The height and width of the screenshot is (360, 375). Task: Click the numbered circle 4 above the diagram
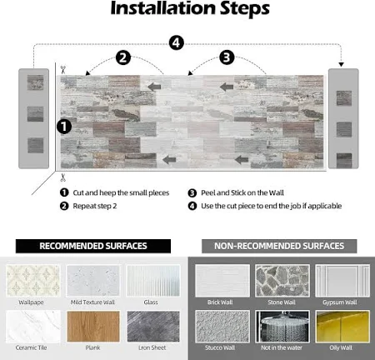click(177, 42)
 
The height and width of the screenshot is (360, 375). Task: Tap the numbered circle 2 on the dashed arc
click(123, 57)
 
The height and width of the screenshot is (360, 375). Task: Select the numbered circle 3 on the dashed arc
click(227, 57)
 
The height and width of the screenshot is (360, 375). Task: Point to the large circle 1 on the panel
click(64, 127)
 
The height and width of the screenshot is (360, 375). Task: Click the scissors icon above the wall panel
click(63, 69)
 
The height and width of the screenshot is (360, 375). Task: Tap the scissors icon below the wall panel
click(63, 177)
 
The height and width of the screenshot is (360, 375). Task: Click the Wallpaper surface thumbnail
click(32, 281)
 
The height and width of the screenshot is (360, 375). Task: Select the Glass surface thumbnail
click(153, 281)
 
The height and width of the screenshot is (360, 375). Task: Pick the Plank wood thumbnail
click(93, 327)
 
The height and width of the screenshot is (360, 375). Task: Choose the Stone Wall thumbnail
click(282, 280)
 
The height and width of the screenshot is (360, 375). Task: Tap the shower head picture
click(282, 327)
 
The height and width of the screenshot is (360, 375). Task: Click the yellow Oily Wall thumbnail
click(342, 327)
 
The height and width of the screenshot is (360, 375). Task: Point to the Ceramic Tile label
click(31, 347)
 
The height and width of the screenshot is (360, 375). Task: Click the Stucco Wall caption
click(220, 347)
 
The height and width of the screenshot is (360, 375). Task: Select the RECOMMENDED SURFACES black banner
click(93, 246)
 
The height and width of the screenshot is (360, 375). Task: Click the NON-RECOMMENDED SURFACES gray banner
click(279, 246)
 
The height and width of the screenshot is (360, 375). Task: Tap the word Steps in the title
click(245, 9)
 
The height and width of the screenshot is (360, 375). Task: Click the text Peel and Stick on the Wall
click(242, 192)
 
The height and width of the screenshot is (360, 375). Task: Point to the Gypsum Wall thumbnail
click(342, 280)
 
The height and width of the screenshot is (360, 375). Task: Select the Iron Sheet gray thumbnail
click(153, 327)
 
